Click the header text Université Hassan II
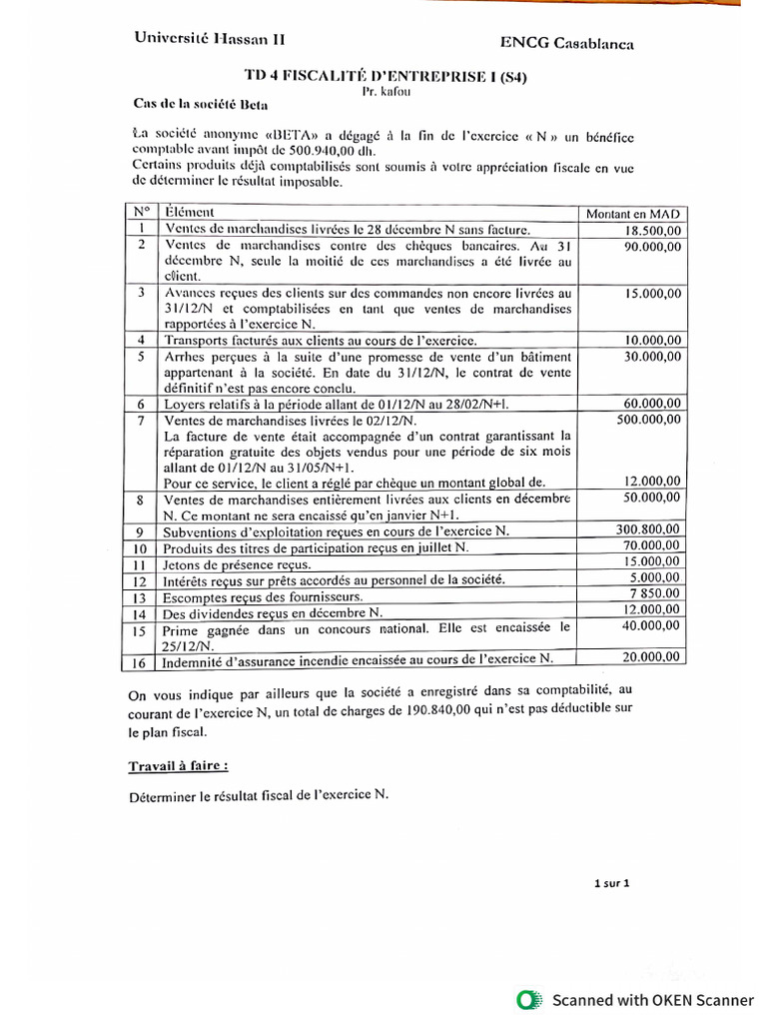(x=210, y=38)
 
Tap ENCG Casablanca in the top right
(x=566, y=43)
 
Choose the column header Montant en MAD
(x=633, y=214)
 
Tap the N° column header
(x=141, y=212)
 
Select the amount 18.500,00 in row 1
(x=648, y=230)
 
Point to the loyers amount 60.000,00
(x=649, y=403)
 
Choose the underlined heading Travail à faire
(x=177, y=766)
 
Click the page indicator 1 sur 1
(x=611, y=883)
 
